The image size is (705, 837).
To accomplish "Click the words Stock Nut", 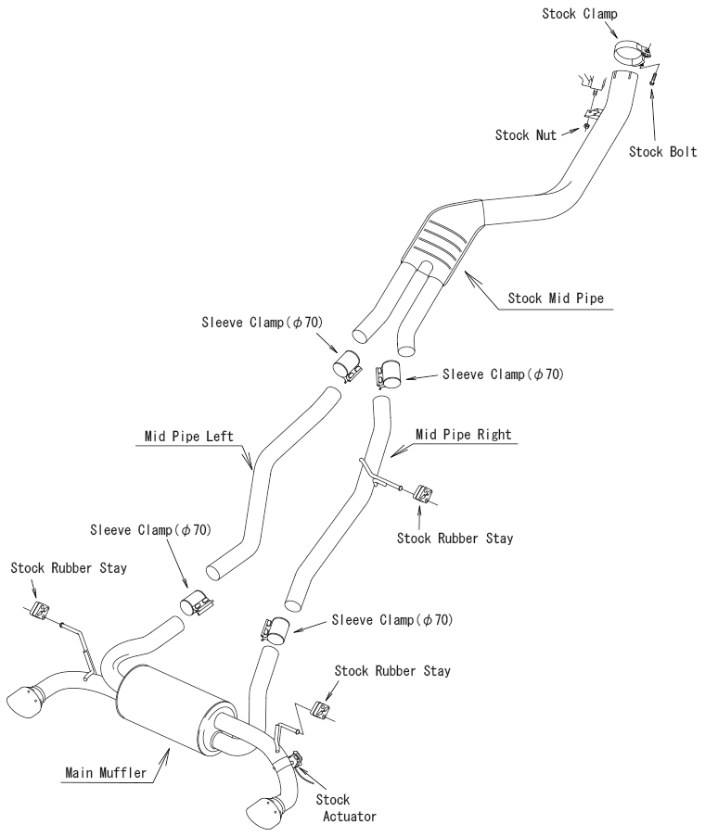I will pos(526,135).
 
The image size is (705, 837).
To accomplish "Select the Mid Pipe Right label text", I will pos(464,433).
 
